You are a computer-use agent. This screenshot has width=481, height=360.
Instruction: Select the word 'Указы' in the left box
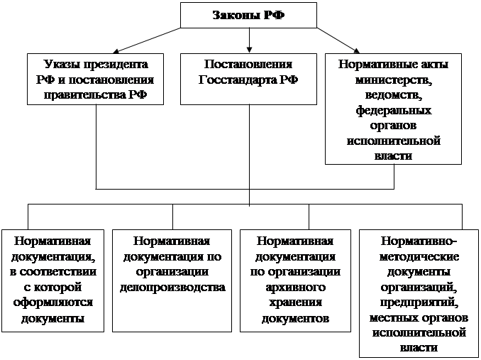[x=61, y=63]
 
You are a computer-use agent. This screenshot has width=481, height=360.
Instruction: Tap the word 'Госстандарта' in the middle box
[x=233, y=79]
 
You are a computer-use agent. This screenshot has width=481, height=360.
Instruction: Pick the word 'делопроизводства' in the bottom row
[x=173, y=287]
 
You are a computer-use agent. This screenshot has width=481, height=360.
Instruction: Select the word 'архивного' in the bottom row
[x=297, y=287]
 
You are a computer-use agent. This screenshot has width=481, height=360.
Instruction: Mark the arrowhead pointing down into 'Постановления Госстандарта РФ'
[x=248, y=49]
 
